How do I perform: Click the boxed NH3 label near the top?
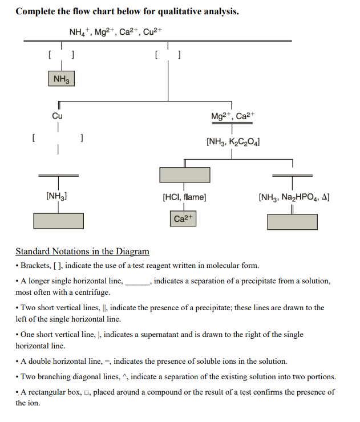pos(60,80)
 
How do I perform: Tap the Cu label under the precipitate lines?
pos(57,116)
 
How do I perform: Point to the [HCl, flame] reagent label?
pos(184,197)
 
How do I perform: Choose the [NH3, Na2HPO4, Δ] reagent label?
pos(293,197)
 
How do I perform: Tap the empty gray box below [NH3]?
pos(58,220)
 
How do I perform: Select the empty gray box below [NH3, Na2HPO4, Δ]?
pos(293,222)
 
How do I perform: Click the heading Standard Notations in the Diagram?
pos(82,251)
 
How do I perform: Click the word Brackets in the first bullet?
pos(37,265)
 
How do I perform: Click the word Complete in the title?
pos(35,11)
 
